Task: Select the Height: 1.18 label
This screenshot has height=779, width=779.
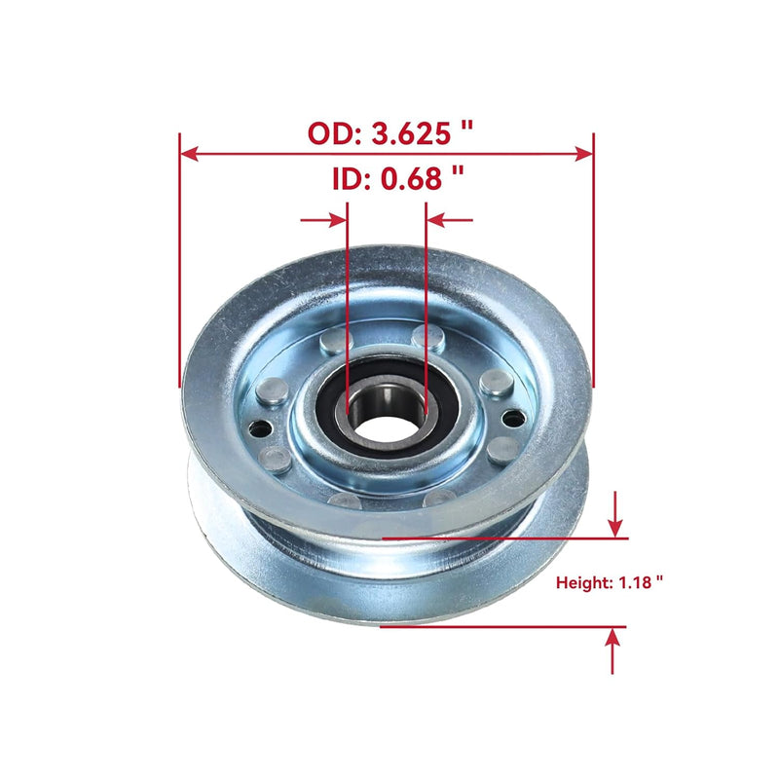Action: pyautogui.click(x=610, y=583)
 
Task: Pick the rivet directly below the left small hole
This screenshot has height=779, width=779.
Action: pyautogui.click(x=276, y=459)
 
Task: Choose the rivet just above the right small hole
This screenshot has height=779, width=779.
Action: pyautogui.click(x=497, y=383)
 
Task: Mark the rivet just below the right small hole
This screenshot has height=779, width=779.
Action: pyautogui.click(x=502, y=450)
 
